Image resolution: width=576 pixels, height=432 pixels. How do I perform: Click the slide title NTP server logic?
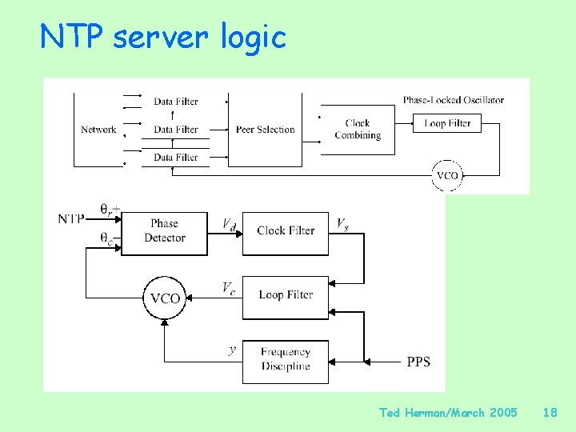163,36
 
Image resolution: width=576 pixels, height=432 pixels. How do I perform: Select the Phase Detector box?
164,230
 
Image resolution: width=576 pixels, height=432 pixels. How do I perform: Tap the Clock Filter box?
286,231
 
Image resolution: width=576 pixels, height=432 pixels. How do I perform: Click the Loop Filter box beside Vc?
286,295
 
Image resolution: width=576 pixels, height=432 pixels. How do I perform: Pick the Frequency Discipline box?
286,359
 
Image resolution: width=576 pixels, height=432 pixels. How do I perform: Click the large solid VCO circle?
165,298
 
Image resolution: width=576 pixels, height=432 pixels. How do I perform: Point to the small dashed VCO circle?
447,175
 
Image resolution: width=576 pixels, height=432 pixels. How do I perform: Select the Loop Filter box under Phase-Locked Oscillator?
447,123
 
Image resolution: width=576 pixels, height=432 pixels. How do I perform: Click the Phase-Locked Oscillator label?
453,100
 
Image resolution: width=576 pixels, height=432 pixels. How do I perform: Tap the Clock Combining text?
358,129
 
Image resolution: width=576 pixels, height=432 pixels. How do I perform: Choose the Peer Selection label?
265,130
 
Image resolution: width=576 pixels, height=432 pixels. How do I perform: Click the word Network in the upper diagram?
98,130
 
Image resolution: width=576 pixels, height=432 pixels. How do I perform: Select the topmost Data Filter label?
175,102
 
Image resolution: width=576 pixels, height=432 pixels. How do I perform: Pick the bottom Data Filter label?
175,158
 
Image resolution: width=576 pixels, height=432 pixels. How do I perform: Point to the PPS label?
418,362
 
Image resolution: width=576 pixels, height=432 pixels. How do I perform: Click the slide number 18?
550,413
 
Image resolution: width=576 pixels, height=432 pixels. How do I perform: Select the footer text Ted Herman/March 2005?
448,413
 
